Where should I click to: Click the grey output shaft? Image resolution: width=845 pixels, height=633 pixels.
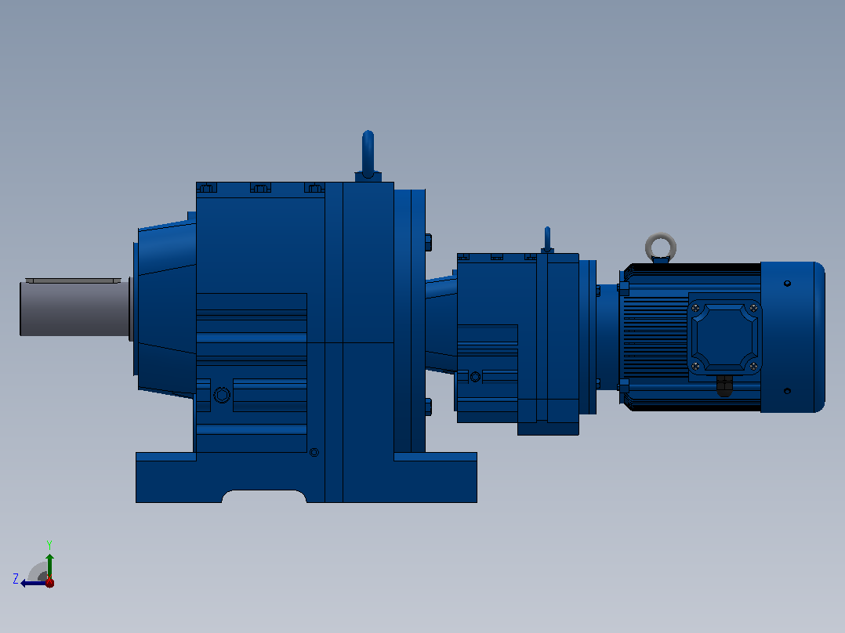74,308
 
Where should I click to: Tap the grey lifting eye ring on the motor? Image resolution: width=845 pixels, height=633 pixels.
661,237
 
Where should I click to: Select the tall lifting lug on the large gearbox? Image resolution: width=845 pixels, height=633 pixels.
368,154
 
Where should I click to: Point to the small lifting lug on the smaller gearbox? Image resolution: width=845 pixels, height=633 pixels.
547,239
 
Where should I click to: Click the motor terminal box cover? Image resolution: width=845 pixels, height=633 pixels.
725,337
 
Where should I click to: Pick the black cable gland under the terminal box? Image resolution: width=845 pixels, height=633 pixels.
725,385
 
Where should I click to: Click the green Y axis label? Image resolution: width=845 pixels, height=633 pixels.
49,544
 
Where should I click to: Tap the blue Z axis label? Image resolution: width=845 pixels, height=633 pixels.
16,579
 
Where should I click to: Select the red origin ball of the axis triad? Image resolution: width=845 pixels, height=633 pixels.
49,583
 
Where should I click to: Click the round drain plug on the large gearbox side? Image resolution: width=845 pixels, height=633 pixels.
222,396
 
